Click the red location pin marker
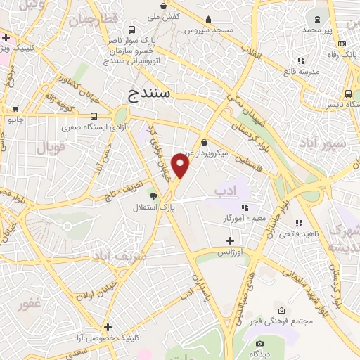(181, 166)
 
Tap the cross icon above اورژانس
(229, 240)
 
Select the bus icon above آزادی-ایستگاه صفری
(94, 116)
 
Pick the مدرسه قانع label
(301, 72)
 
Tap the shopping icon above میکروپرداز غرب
(204, 143)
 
